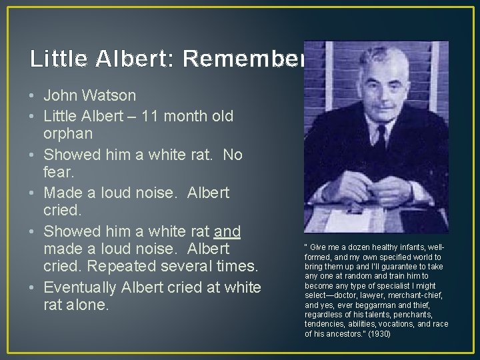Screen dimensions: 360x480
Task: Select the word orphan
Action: click(67, 134)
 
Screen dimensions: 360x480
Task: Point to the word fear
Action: click(58, 173)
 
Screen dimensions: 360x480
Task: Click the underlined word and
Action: click(227, 231)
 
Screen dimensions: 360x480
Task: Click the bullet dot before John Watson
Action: click(33, 97)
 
